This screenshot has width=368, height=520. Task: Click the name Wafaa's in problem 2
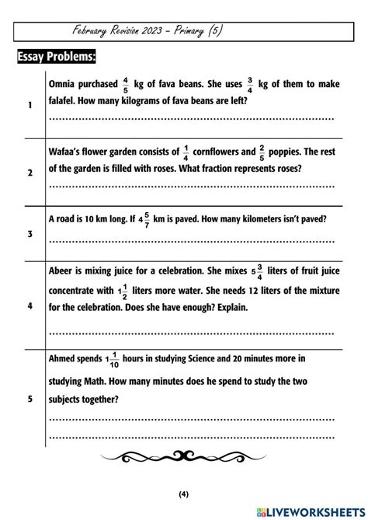coord(69,152)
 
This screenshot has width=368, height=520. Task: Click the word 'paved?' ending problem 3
coord(309,219)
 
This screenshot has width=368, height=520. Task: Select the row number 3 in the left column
coord(30,234)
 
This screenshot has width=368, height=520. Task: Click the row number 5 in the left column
coord(30,400)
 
